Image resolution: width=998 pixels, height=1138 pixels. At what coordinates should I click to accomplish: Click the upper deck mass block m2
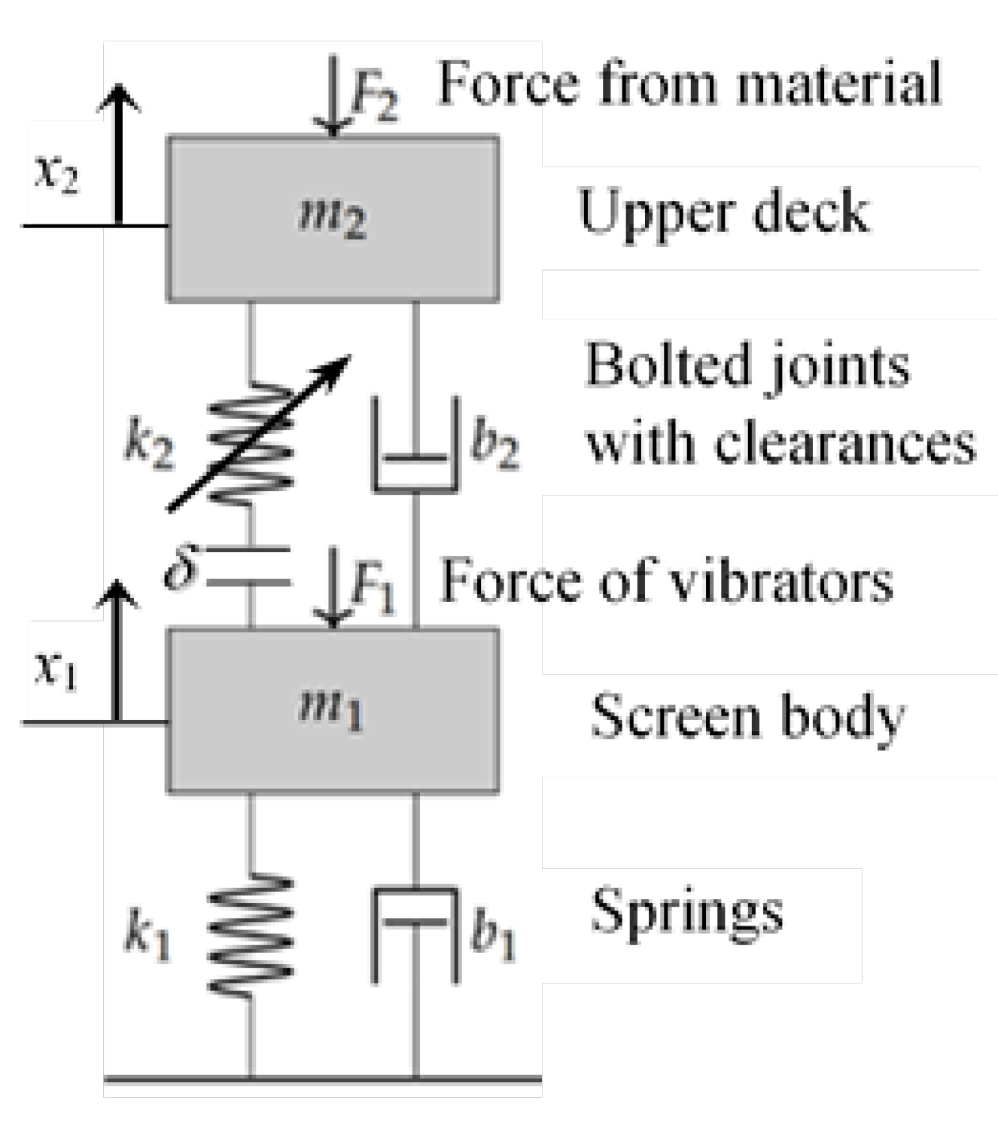coord(332,218)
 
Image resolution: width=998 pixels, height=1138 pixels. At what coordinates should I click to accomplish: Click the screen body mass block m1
coord(332,710)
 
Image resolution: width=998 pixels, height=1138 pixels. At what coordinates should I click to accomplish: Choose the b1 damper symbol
coord(416,934)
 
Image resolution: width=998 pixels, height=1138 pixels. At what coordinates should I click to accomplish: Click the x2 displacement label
coord(57,175)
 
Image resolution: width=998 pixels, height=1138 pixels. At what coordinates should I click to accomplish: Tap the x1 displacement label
coord(56,669)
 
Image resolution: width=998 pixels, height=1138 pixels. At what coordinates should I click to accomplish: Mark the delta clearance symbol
coord(181,567)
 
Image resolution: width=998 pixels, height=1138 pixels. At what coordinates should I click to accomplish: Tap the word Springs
coord(686,912)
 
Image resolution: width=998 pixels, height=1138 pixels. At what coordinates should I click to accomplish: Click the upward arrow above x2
coord(118,151)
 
